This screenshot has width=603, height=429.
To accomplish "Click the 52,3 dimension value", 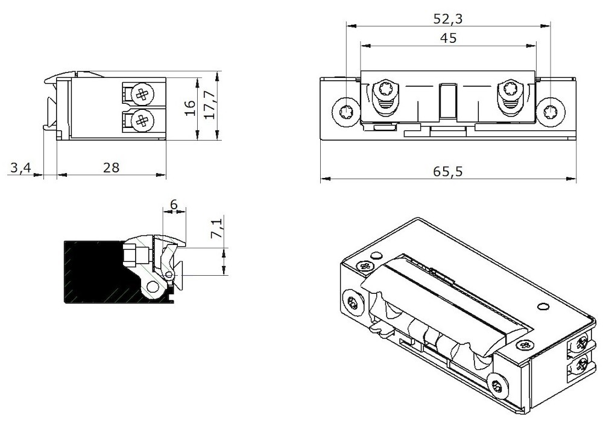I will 447,18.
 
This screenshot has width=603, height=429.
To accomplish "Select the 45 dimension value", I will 447,38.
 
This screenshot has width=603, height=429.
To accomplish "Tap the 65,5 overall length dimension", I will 447,171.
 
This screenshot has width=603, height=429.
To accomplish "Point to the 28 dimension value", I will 111,168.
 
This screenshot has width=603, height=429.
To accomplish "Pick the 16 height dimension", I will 190,107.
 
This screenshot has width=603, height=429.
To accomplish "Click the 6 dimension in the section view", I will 174,205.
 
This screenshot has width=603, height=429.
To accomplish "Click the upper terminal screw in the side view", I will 142,94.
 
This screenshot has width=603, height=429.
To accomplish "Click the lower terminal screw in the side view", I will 142,121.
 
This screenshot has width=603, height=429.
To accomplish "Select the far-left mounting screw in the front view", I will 347,112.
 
